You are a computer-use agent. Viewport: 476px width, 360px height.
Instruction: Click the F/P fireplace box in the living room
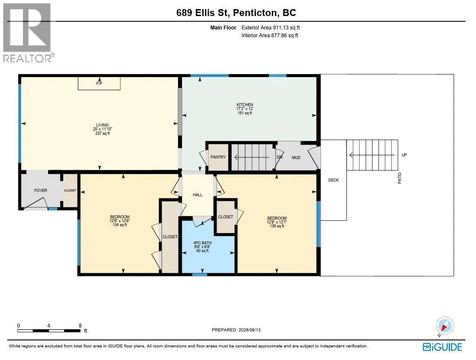click(99, 84)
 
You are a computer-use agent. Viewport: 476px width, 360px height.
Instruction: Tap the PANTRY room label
click(218, 157)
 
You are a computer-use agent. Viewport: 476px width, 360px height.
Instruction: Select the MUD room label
click(296, 158)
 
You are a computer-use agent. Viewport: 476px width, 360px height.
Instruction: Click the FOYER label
click(40, 191)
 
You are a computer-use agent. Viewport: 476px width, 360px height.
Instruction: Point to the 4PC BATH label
click(202, 243)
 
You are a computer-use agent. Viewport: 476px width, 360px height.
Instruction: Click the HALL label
click(198, 195)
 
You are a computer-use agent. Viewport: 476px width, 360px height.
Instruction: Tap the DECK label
click(334, 180)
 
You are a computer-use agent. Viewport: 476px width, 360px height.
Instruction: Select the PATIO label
click(399, 178)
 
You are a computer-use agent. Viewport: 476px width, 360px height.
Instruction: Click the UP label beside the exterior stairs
click(404, 155)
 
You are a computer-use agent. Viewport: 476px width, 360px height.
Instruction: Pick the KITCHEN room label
click(245, 105)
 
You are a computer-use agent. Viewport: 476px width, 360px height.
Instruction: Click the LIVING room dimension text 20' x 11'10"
click(103, 129)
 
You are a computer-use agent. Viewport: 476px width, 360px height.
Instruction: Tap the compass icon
click(445, 326)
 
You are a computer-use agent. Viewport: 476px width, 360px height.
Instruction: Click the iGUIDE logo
click(442, 347)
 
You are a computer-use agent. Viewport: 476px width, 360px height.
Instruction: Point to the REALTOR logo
click(28, 32)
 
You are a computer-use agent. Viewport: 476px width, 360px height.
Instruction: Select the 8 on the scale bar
click(80, 326)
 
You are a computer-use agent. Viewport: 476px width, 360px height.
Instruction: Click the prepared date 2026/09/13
click(249, 330)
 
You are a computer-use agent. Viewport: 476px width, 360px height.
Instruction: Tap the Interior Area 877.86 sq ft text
click(270, 36)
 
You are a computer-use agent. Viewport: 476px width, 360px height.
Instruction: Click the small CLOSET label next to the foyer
click(70, 191)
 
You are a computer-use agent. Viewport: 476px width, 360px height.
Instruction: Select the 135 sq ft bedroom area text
click(277, 226)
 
